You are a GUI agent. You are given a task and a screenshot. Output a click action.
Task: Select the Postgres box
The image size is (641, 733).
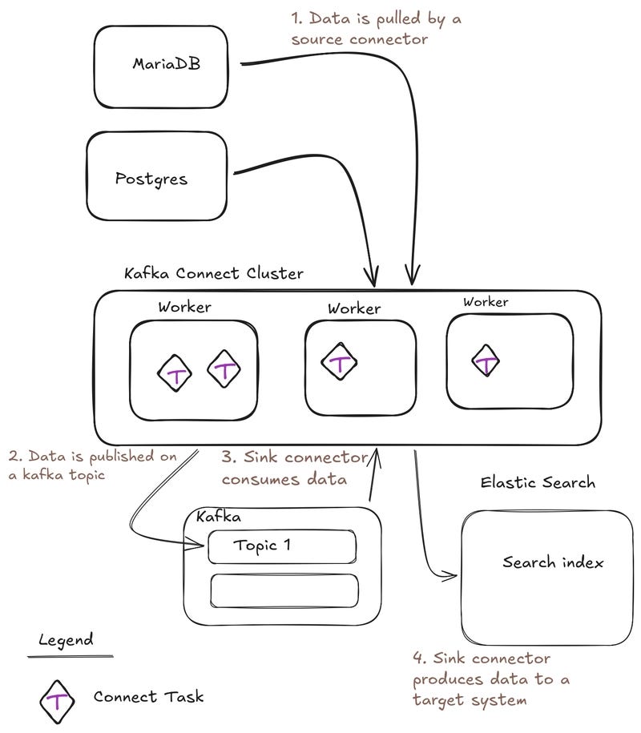coord(157,176)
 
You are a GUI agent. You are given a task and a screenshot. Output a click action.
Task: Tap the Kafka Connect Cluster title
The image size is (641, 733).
coord(214,273)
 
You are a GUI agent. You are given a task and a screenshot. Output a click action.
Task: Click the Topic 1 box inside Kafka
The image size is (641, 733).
coord(282,547)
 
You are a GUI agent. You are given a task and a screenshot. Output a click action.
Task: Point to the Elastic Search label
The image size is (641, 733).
coord(538,482)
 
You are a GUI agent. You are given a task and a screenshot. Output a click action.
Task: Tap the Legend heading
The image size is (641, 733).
coord(66,640)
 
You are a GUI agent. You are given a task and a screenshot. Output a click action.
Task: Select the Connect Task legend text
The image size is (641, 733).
coord(148,696)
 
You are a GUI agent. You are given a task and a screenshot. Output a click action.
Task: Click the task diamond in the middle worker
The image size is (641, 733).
coord(341,363)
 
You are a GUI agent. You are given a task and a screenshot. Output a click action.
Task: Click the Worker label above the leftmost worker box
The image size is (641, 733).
coord(184,307)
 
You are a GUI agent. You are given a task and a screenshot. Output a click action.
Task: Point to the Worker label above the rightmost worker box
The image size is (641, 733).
coord(486,302)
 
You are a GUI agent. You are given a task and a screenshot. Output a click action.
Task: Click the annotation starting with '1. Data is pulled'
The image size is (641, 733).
coord(376,29)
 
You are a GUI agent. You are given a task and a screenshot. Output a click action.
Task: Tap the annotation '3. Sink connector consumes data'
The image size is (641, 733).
coord(294,469)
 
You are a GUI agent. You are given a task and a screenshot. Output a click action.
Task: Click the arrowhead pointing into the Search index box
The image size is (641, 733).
coord(452,574)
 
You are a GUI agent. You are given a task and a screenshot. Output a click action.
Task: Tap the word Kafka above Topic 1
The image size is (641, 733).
coord(220,518)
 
